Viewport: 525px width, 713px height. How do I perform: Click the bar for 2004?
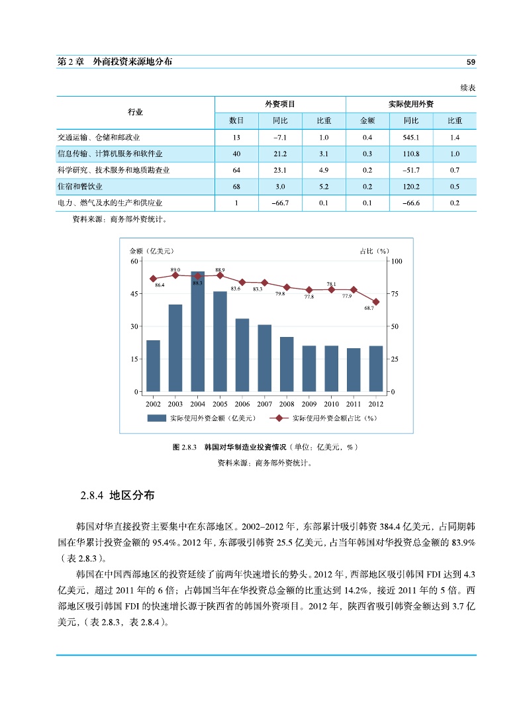[x=197, y=331]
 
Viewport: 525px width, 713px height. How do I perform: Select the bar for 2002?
[x=153, y=365]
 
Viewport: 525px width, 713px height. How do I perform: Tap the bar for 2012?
[x=376, y=368]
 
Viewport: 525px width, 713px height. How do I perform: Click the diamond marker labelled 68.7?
[x=376, y=302]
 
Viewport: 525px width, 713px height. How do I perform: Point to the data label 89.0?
[x=175, y=270]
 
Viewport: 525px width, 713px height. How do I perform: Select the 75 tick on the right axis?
[x=396, y=293]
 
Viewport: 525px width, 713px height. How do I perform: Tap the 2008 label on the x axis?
[x=287, y=404]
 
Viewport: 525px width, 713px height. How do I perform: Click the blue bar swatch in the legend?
[x=156, y=418]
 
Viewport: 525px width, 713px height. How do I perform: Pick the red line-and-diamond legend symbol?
[x=279, y=418]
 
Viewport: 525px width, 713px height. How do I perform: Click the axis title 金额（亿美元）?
[x=152, y=251]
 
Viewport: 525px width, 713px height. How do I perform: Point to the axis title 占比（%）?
[x=374, y=251]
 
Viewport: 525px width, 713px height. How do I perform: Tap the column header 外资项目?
[x=279, y=105]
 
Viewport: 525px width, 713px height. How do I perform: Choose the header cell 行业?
[x=135, y=113]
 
